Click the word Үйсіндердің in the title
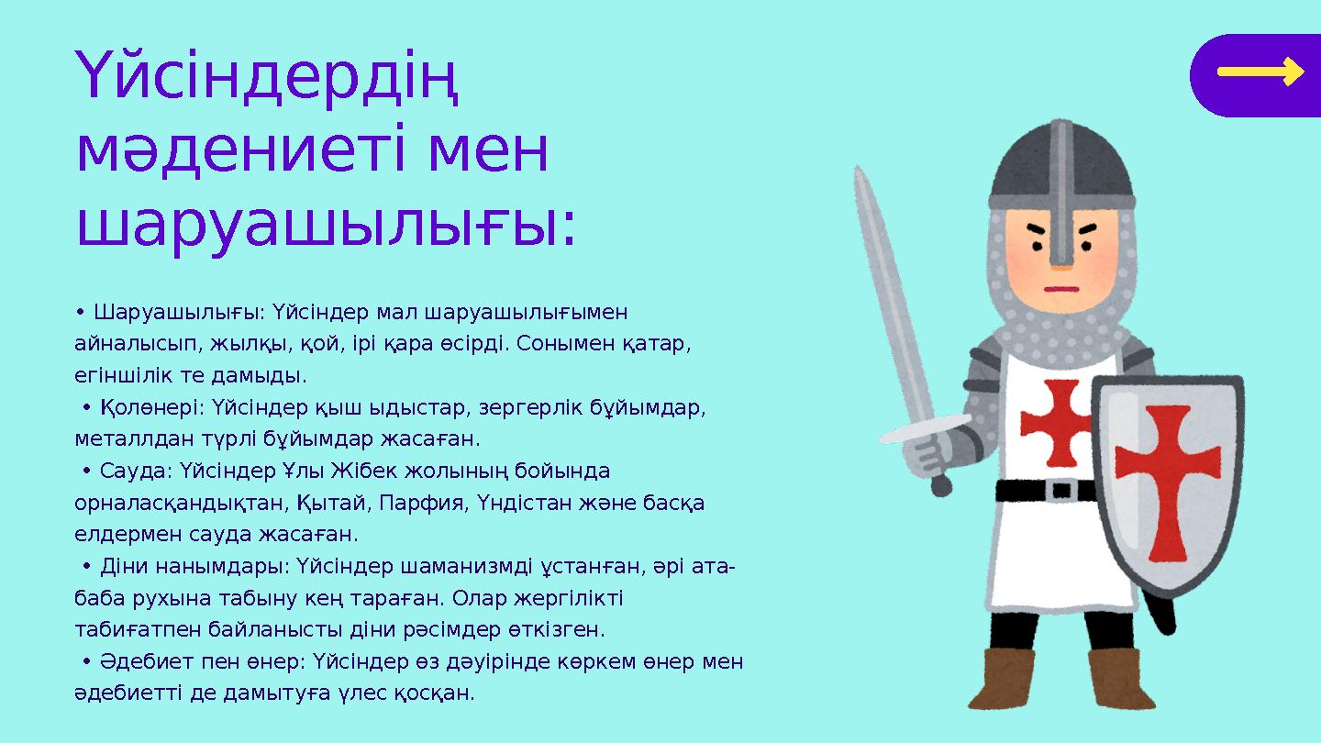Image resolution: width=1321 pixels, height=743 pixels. pyautogui.click(x=266, y=81)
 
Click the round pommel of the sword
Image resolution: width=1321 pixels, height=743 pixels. pyautogui.click(x=941, y=488)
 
